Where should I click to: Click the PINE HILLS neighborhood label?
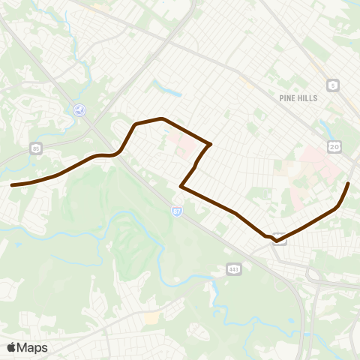298,98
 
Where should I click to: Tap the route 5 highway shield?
331,85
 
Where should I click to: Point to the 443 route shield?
234,268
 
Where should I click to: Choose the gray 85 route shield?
36,148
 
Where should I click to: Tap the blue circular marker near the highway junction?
79,110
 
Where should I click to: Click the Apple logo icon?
12,347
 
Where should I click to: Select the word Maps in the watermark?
32,347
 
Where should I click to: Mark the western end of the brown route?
12,184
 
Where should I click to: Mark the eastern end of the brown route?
349,183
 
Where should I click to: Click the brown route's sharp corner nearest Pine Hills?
211,144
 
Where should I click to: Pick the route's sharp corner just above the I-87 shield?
181,186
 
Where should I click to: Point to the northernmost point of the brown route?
161,118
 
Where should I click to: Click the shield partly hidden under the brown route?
279,238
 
